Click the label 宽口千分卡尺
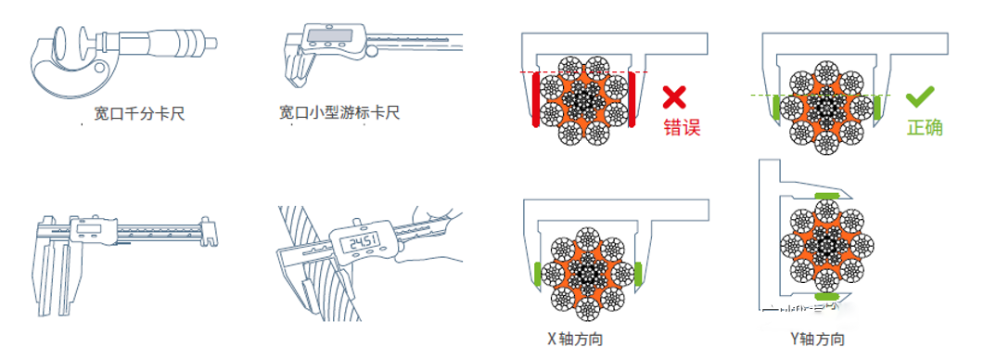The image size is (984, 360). pos(139,114)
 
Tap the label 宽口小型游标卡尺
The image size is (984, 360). pos(339,113)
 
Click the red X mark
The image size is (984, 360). pos(674,97)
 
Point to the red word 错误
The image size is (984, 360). pos(683,127)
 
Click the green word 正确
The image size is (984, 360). pos(925,127)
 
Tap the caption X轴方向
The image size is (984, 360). pos(575,340)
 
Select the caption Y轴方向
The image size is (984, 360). pos(817,340)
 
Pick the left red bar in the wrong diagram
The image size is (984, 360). pos(535,100)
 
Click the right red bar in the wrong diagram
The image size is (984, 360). pos(632,100)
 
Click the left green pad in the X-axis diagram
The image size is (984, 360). pos(537,273)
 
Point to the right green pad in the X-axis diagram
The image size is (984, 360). pos(638,273)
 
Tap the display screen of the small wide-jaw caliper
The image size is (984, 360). pos(327,35)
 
